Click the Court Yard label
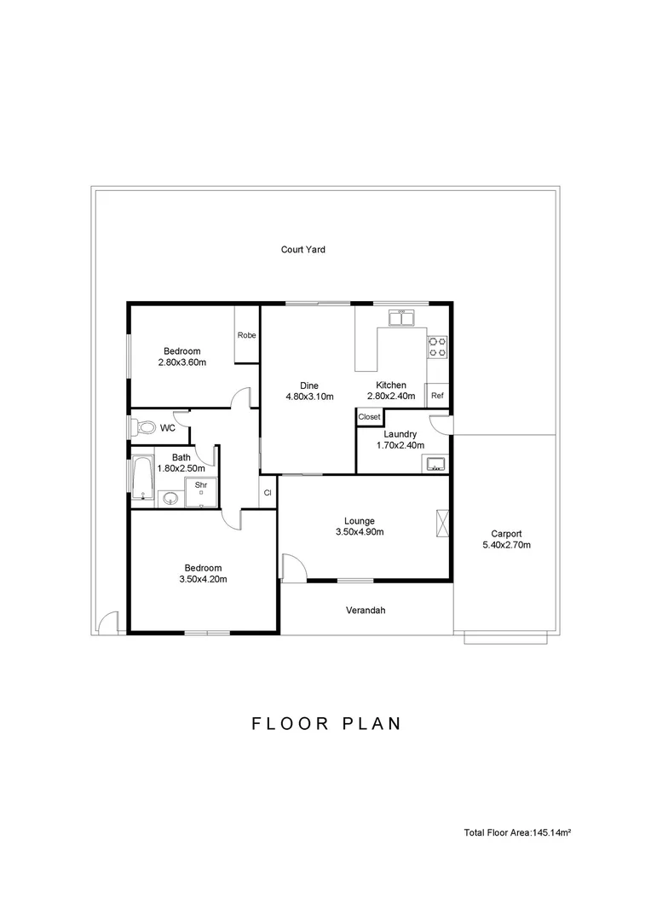click(302, 250)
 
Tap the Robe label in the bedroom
click(246, 335)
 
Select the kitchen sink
click(401, 318)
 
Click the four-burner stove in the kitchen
click(437, 346)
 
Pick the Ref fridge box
click(437, 396)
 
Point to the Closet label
click(369, 417)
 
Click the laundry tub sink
click(435, 464)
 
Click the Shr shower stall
click(201, 493)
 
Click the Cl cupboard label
click(268, 493)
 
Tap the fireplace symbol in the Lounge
click(442, 523)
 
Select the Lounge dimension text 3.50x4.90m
click(360, 532)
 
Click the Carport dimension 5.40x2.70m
click(507, 545)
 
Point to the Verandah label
click(366, 611)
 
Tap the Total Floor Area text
click(518, 832)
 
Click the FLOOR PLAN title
click(326, 723)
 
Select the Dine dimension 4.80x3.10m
click(309, 397)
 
